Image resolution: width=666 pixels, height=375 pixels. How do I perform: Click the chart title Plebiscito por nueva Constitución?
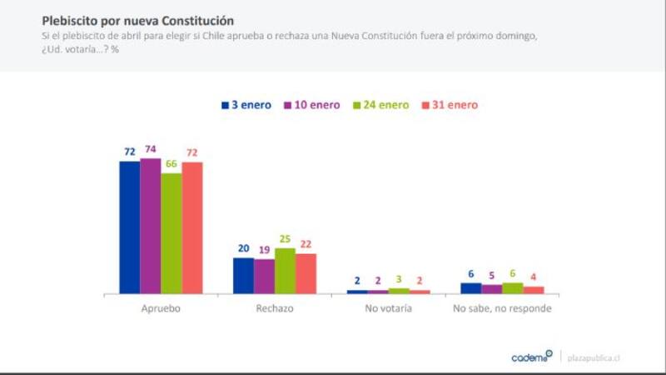click(x=138, y=19)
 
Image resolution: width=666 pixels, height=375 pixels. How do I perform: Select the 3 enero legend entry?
click(x=246, y=105)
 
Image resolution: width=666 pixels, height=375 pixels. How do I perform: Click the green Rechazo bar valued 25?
click(x=285, y=271)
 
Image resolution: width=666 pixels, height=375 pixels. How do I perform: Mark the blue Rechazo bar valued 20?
click(x=243, y=276)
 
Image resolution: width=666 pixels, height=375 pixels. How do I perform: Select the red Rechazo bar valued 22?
click(x=306, y=273)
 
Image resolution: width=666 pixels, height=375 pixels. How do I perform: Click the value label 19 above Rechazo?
click(x=264, y=249)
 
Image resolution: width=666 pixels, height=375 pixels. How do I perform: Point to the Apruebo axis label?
click(x=161, y=308)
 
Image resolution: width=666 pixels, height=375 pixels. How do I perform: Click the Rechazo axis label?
click(x=275, y=308)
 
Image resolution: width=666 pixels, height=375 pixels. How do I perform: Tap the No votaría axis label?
click(x=388, y=308)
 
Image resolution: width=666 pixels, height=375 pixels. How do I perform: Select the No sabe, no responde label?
click(x=502, y=308)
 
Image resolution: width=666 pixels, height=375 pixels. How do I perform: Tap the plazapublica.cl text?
click(x=594, y=357)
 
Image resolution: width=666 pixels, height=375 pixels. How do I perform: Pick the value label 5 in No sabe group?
click(x=491, y=275)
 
